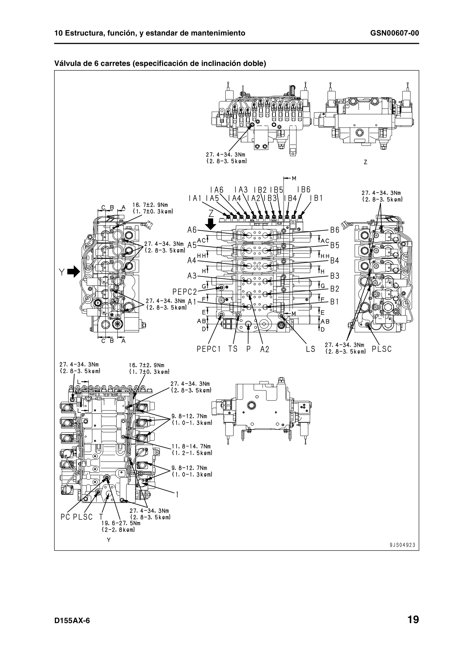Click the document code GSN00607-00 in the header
[x=395, y=33]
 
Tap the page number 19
[x=413, y=619]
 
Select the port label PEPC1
[x=208, y=349]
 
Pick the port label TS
[x=233, y=349]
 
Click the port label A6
[x=192, y=230]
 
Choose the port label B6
[x=335, y=230]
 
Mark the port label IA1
[x=195, y=198]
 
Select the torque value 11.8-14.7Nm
[x=191, y=446]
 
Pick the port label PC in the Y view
[x=65, y=517]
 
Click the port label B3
[x=335, y=276]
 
